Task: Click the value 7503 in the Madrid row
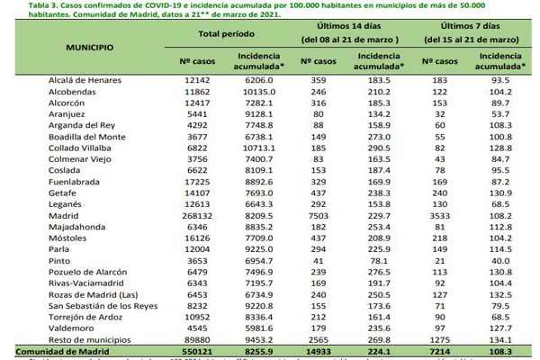coord(317,217)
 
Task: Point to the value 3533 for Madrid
coord(441,217)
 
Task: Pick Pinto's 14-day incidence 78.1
coord(376,260)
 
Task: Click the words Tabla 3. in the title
coord(21,4)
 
